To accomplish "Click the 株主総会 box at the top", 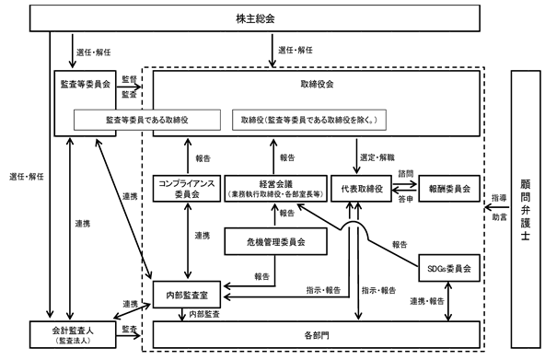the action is click(x=255, y=18).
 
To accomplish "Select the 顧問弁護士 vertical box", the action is click(x=526, y=209).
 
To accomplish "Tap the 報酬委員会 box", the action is click(x=449, y=189).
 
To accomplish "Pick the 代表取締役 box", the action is click(x=362, y=189).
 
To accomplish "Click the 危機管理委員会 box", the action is click(x=275, y=241).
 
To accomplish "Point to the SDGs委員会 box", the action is click(x=449, y=268).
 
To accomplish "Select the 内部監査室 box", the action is click(x=187, y=295).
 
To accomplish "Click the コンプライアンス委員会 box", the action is click(x=187, y=189).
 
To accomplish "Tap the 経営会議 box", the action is click(x=275, y=189).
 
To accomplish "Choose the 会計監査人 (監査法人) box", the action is click(x=73, y=334).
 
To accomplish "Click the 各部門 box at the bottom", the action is click(x=317, y=334).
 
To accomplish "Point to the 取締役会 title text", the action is click(x=317, y=84).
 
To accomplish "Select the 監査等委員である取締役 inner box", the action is click(x=147, y=120).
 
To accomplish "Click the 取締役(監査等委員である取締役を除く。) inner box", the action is click(x=309, y=120).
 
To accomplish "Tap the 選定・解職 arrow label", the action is click(x=377, y=157).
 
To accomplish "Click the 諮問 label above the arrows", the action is click(x=406, y=173).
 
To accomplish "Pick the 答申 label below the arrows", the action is click(x=406, y=199).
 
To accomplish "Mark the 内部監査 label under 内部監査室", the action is click(x=204, y=315).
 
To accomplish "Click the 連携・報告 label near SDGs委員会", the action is click(x=427, y=301).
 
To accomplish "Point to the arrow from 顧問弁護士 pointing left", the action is click(x=497, y=208).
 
